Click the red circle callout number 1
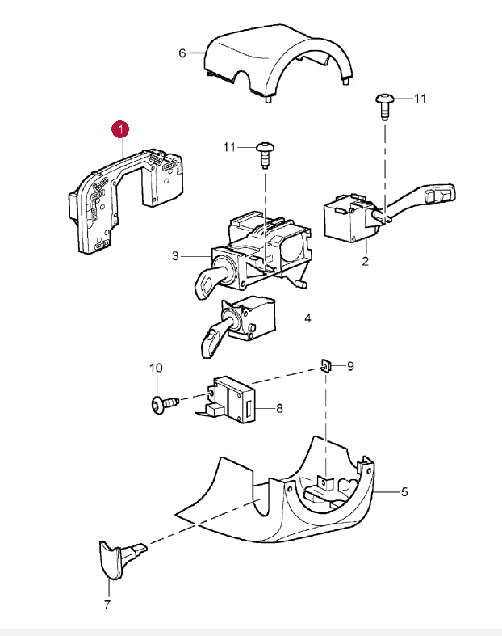[x=119, y=128]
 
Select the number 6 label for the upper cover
[x=182, y=53]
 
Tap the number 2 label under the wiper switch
[x=365, y=262]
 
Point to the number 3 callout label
[x=174, y=257]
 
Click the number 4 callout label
[x=307, y=318]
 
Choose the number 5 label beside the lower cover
[x=404, y=491]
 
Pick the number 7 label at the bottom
[x=107, y=604]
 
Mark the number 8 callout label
[x=279, y=408]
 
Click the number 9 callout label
[x=350, y=366]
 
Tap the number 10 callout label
[x=156, y=369]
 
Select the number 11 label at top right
[x=419, y=99]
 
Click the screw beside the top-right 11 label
[x=384, y=103]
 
